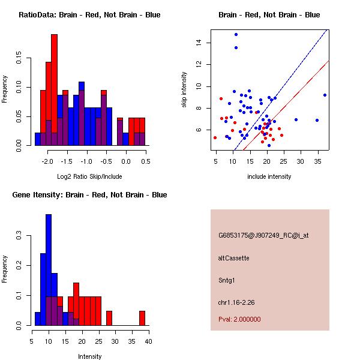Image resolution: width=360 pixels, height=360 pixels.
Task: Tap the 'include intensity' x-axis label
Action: click(x=269, y=176)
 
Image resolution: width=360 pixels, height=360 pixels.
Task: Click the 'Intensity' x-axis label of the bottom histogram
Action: click(x=90, y=356)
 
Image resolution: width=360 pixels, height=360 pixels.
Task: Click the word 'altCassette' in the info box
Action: click(x=233, y=258)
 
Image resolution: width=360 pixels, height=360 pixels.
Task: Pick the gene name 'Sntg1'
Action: click(x=227, y=280)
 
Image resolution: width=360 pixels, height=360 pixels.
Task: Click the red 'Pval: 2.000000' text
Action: click(x=239, y=319)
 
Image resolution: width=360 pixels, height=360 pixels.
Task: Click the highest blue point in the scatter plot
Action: click(x=236, y=34)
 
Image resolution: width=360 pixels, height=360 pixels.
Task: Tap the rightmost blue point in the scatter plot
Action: click(x=325, y=95)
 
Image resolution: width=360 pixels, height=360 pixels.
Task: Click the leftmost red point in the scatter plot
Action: click(x=215, y=137)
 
